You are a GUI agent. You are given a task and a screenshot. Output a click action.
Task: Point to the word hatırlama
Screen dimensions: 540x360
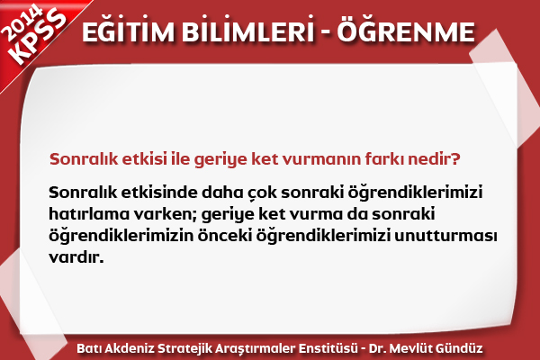[89, 214]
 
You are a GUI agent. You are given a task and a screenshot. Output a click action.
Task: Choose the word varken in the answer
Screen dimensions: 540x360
[165, 214]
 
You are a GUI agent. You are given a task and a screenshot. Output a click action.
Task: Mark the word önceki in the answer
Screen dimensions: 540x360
[225, 236]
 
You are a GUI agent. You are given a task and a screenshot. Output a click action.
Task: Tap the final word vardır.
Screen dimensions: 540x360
[76, 257]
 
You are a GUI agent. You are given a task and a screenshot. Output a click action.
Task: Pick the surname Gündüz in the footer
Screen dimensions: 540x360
[459, 348]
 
